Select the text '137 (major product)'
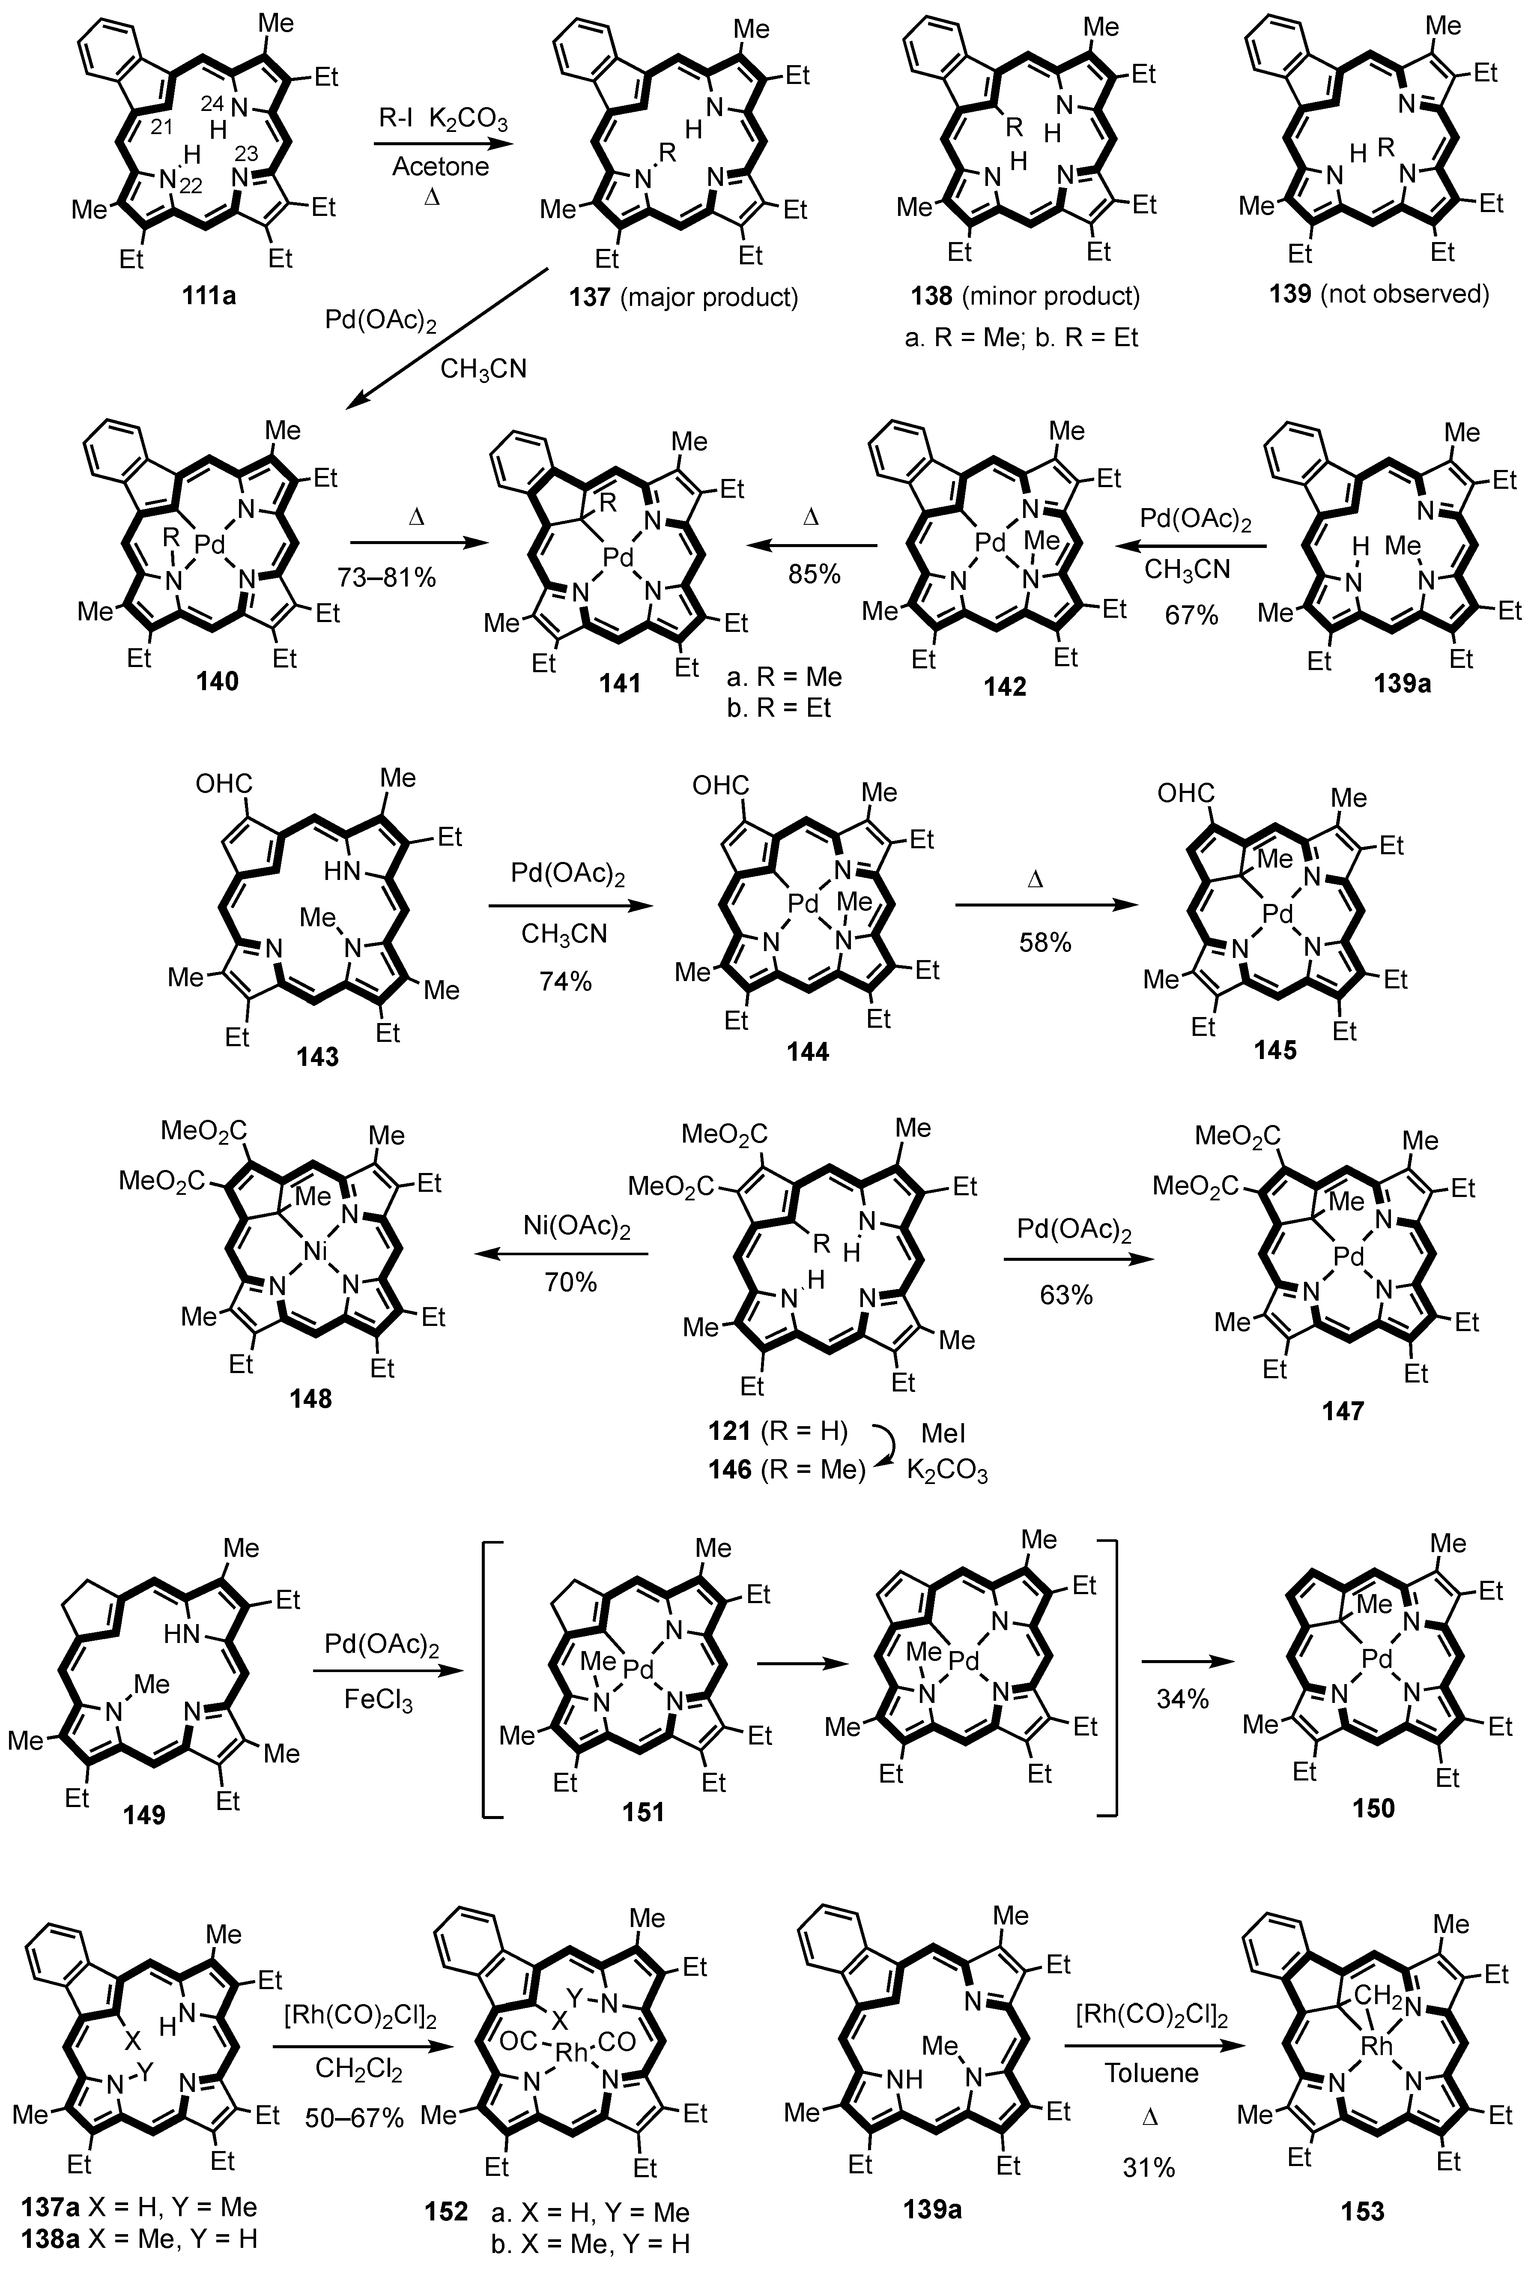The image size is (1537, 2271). tap(684, 297)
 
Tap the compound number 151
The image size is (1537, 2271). tap(643, 1811)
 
